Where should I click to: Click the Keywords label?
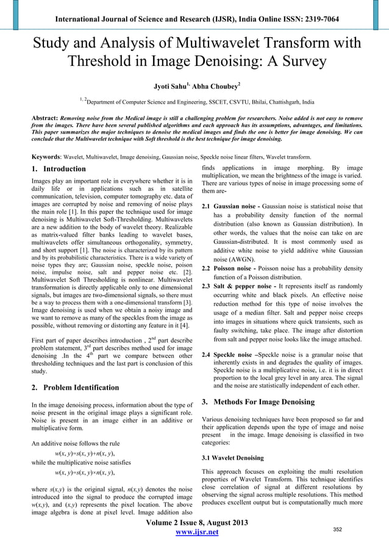(x=44, y=155)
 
